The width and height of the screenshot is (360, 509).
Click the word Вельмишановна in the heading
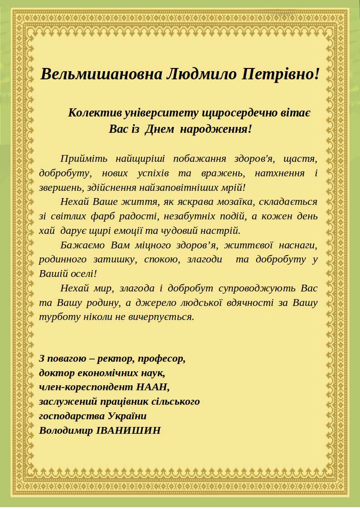pyautogui.click(x=100, y=73)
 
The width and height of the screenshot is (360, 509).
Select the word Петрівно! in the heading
pyautogui.click(x=280, y=73)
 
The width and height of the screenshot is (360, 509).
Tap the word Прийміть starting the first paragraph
pyautogui.click(x=83, y=159)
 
